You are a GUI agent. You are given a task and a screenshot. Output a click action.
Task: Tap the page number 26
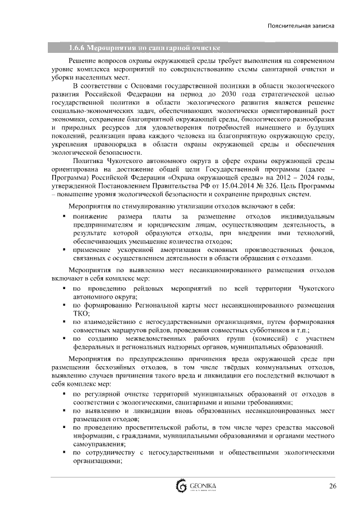coord(332,487)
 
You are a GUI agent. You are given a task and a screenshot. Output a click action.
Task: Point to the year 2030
coord(234,94)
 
